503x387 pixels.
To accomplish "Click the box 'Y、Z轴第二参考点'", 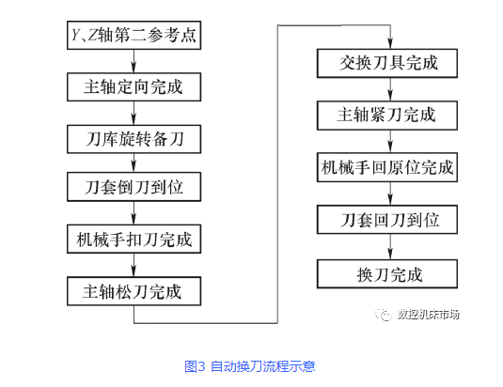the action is pyautogui.click(x=134, y=36).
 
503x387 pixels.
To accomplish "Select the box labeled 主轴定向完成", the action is pyautogui.click(x=134, y=87).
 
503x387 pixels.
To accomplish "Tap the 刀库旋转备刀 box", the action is pyautogui.click(x=134, y=139).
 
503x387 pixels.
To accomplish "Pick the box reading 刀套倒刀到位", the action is pyautogui.click(x=134, y=187).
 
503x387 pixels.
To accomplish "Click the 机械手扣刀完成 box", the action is pyautogui.click(x=134, y=239).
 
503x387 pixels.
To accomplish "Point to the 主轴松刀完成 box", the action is pyautogui.click(x=134, y=291).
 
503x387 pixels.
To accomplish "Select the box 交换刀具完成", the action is pyautogui.click(x=387, y=63).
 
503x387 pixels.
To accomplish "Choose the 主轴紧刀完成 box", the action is pyautogui.click(x=387, y=116).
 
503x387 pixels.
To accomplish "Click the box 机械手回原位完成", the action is pyautogui.click(x=387, y=167).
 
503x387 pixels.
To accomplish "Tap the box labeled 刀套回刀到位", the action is pyautogui.click(x=387, y=220).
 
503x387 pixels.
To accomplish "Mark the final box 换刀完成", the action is pyautogui.click(x=387, y=274).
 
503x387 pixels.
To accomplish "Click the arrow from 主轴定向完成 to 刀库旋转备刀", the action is pyautogui.click(x=134, y=113).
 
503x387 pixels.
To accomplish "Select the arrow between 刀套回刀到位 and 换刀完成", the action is pyautogui.click(x=390, y=247).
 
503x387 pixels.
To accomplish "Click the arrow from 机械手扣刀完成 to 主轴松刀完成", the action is pyautogui.click(x=134, y=265).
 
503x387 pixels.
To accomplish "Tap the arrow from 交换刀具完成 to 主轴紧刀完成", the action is pyautogui.click(x=390, y=89).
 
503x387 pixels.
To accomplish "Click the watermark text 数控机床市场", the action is pyautogui.click(x=429, y=315).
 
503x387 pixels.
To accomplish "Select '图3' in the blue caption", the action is pyautogui.click(x=195, y=366).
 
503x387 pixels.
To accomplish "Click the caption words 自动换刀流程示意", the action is pyautogui.click(x=263, y=366).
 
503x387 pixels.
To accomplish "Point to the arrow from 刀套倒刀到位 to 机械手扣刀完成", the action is pyautogui.click(x=134, y=213).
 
